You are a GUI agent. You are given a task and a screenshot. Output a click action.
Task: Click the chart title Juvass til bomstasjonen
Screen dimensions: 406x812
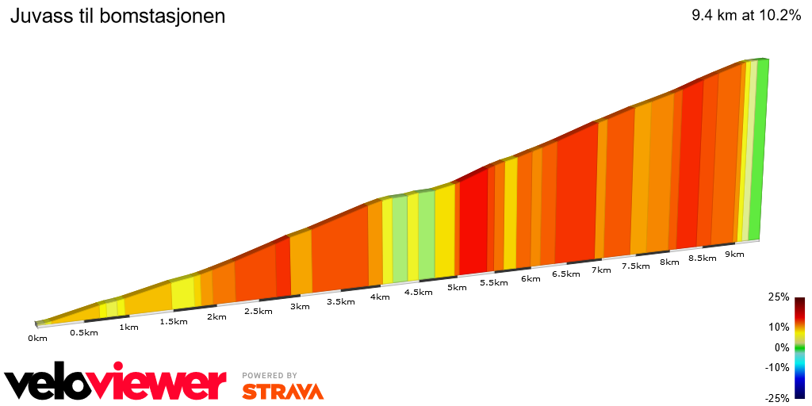(x=117, y=16)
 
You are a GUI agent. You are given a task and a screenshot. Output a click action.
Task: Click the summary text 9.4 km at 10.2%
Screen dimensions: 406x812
(x=746, y=16)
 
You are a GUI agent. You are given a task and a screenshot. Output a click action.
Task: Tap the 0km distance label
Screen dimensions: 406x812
(x=37, y=339)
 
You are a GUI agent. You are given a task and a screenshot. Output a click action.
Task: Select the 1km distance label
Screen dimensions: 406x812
(x=128, y=327)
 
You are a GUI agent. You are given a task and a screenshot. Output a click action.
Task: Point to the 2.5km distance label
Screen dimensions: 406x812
(x=258, y=311)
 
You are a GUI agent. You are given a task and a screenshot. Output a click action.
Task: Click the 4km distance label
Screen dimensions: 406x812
(x=379, y=297)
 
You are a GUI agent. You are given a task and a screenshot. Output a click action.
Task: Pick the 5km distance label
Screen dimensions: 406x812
(x=457, y=287)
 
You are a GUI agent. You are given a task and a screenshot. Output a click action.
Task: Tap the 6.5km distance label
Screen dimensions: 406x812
(x=565, y=274)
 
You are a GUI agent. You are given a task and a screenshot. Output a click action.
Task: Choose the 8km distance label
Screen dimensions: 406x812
(x=669, y=262)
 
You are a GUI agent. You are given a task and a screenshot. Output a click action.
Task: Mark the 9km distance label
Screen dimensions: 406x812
(x=734, y=254)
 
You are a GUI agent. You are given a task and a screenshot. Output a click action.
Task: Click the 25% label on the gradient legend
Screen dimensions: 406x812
(x=778, y=297)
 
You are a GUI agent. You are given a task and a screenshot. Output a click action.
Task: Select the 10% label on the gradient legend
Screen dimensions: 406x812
(x=778, y=326)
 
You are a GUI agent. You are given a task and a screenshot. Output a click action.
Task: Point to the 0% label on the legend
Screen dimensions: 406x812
(x=781, y=347)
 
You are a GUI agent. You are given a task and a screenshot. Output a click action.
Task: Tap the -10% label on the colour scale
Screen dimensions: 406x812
(x=776, y=367)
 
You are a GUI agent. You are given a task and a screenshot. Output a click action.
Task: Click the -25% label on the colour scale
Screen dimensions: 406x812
(x=776, y=397)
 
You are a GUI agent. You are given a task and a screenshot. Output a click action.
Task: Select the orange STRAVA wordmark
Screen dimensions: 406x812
(x=282, y=391)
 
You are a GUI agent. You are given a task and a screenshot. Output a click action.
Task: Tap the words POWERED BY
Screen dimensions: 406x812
(x=270, y=375)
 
